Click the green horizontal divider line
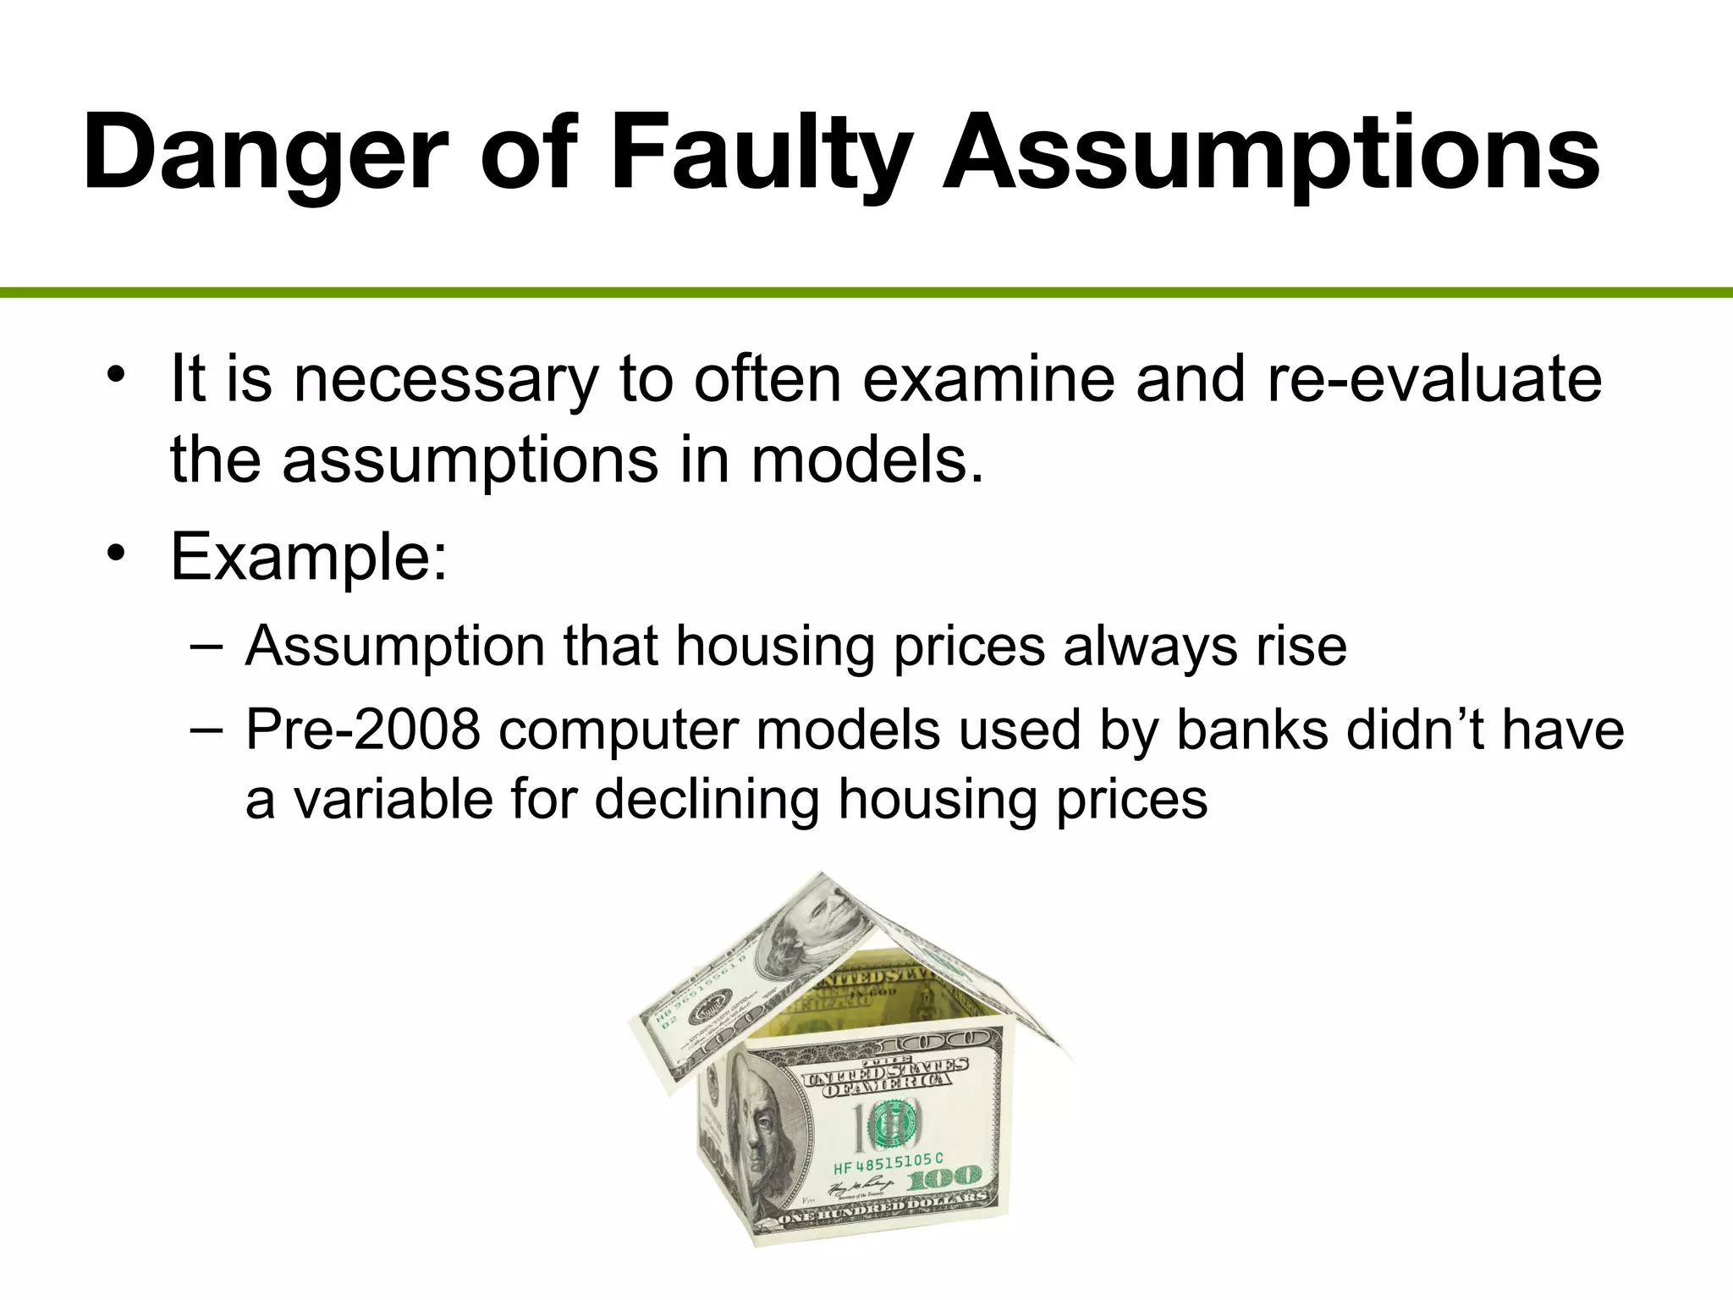866,293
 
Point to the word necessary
445,379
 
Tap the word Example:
309,557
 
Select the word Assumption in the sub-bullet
394,646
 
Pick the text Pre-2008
362,730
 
